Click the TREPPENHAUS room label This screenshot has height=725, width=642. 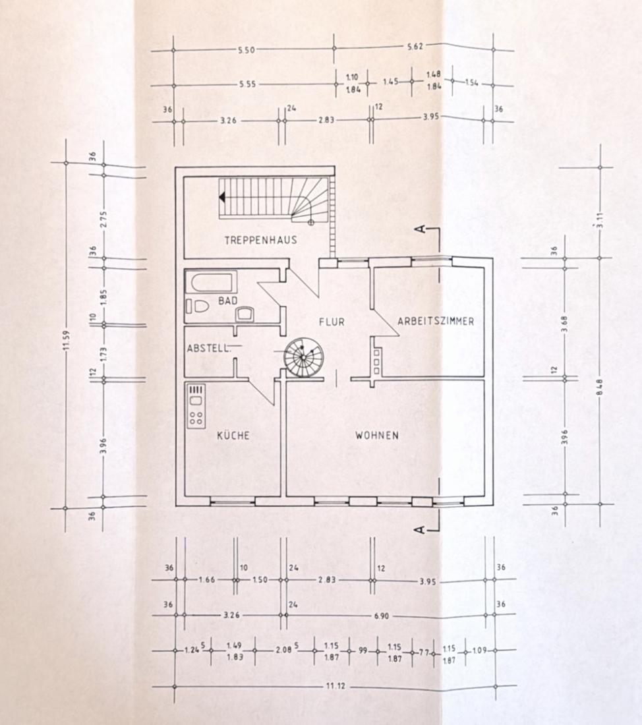[260, 240]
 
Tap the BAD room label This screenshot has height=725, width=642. [227, 301]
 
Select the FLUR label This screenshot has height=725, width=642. [332, 322]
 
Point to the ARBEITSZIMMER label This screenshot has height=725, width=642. [436, 321]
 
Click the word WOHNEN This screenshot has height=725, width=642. [377, 435]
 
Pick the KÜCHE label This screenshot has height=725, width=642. [233, 435]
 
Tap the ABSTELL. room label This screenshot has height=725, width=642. [208, 348]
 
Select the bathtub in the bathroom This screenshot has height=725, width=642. [212, 281]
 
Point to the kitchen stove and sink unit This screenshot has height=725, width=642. [196, 406]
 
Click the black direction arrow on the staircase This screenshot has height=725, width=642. [222, 198]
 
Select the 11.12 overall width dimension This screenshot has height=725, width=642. [336, 685]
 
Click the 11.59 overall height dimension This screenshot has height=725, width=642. [66, 340]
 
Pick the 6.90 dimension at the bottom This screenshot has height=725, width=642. [381, 616]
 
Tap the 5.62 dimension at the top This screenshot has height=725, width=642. [415, 45]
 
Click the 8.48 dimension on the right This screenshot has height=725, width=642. [600, 387]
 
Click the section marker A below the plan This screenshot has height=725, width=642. [420, 529]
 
